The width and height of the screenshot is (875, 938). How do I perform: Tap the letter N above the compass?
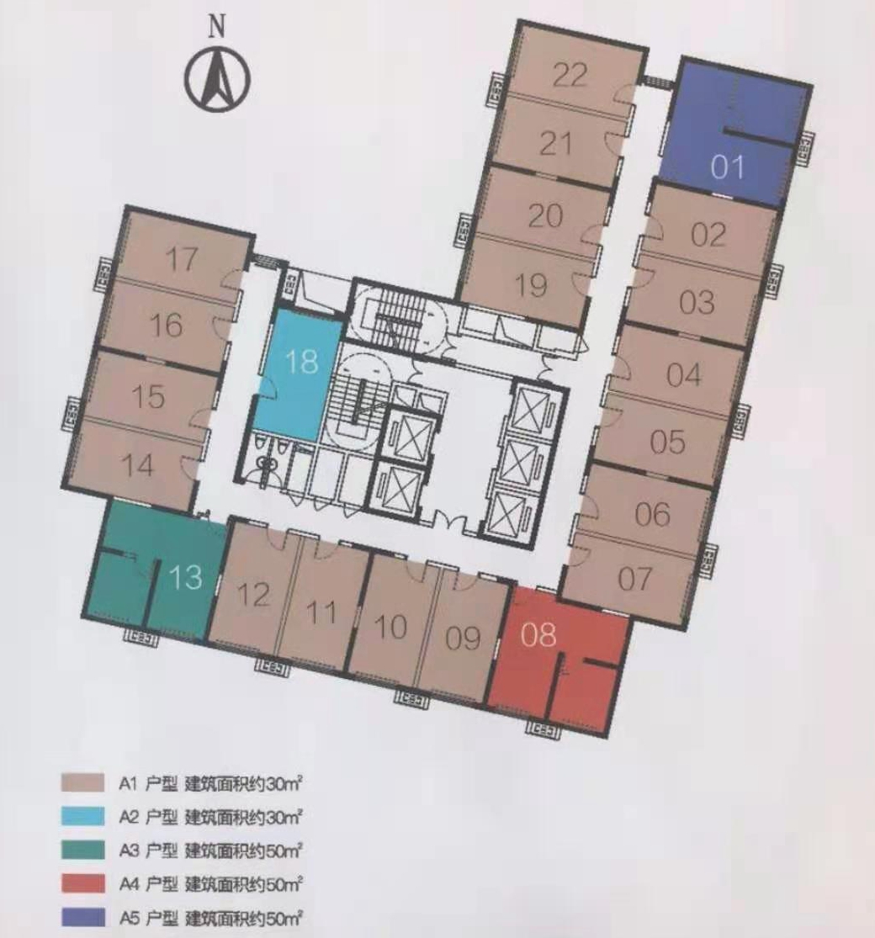[x=217, y=28]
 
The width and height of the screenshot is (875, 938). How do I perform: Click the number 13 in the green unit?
[x=186, y=576]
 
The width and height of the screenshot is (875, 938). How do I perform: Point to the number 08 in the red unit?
[x=538, y=634]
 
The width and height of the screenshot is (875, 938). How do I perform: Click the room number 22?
[x=570, y=76]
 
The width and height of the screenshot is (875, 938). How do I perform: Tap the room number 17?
[x=181, y=259]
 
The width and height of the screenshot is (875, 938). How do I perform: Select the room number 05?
[x=667, y=442]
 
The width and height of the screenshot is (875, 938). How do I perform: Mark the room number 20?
[x=545, y=216]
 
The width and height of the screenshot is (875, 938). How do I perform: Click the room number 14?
[x=137, y=465]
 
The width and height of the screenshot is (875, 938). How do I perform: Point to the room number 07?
[x=634, y=579]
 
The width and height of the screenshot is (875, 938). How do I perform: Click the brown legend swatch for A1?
[x=82, y=783]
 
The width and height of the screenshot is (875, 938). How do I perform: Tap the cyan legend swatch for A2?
[x=82, y=817]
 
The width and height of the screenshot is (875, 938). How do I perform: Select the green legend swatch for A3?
[x=82, y=850]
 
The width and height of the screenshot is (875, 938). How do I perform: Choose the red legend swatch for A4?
[x=82, y=883]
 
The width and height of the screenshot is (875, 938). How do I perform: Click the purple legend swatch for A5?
[x=82, y=917]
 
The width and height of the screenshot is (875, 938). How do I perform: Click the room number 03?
[x=697, y=302]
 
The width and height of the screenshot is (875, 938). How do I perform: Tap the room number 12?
[x=253, y=594]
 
